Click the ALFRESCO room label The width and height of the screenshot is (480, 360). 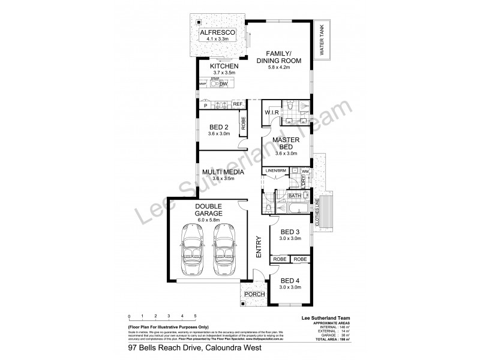(218, 32)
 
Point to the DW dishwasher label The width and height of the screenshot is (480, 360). (223, 85)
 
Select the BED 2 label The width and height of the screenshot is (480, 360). (219, 127)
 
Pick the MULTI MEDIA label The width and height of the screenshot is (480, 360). (223, 172)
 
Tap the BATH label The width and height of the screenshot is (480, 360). (294, 195)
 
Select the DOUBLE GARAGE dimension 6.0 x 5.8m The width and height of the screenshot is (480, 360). (209, 220)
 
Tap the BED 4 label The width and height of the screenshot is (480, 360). (290, 280)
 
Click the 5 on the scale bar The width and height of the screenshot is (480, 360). (195, 316)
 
